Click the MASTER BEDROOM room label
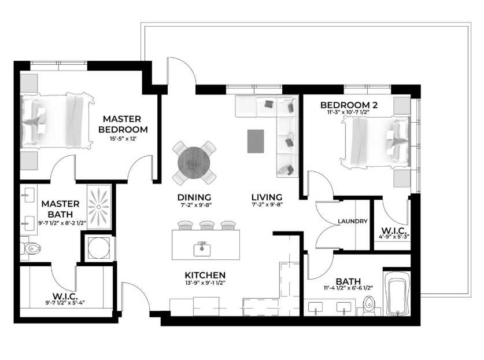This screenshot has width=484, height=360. (x=123, y=124)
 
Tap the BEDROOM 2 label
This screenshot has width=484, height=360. (x=349, y=105)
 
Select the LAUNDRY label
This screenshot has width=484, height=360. (x=353, y=221)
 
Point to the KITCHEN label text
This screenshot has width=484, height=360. (x=205, y=275)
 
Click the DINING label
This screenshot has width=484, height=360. (x=194, y=197)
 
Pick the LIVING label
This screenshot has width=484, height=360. (x=267, y=197)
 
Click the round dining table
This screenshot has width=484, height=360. (x=194, y=163)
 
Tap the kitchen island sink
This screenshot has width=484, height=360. (x=202, y=249)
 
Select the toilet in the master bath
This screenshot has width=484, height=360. (x=31, y=248)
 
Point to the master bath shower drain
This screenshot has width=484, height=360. (x=99, y=207)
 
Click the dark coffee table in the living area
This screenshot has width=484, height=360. (x=256, y=141)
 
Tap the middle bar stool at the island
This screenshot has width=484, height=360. (x=207, y=225)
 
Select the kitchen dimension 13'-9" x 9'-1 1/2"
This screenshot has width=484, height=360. (x=205, y=282)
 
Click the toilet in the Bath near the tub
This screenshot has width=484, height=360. (x=368, y=306)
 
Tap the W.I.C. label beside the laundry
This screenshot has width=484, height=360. (x=394, y=230)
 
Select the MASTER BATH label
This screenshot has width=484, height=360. (x=61, y=209)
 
